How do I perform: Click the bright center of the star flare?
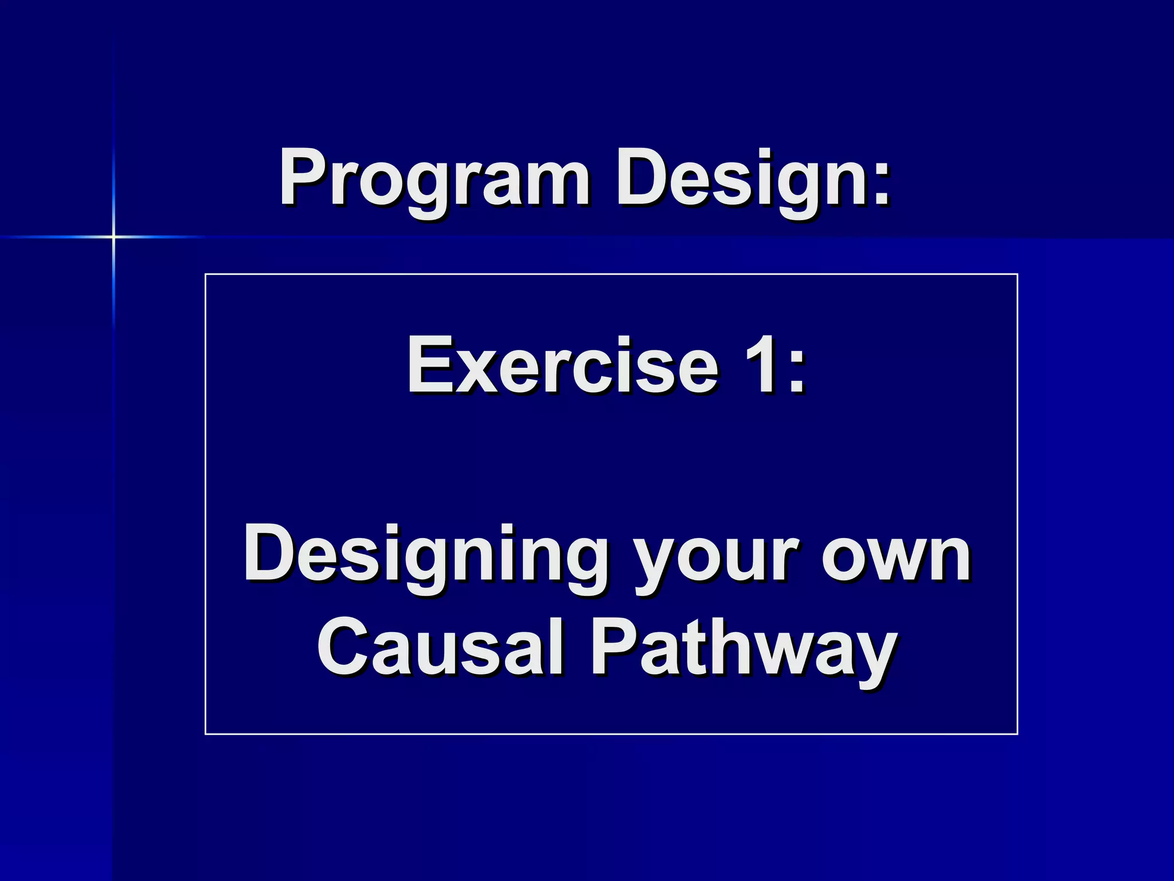(114, 236)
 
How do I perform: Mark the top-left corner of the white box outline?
(206, 275)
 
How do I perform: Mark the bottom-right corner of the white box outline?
(1017, 734)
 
